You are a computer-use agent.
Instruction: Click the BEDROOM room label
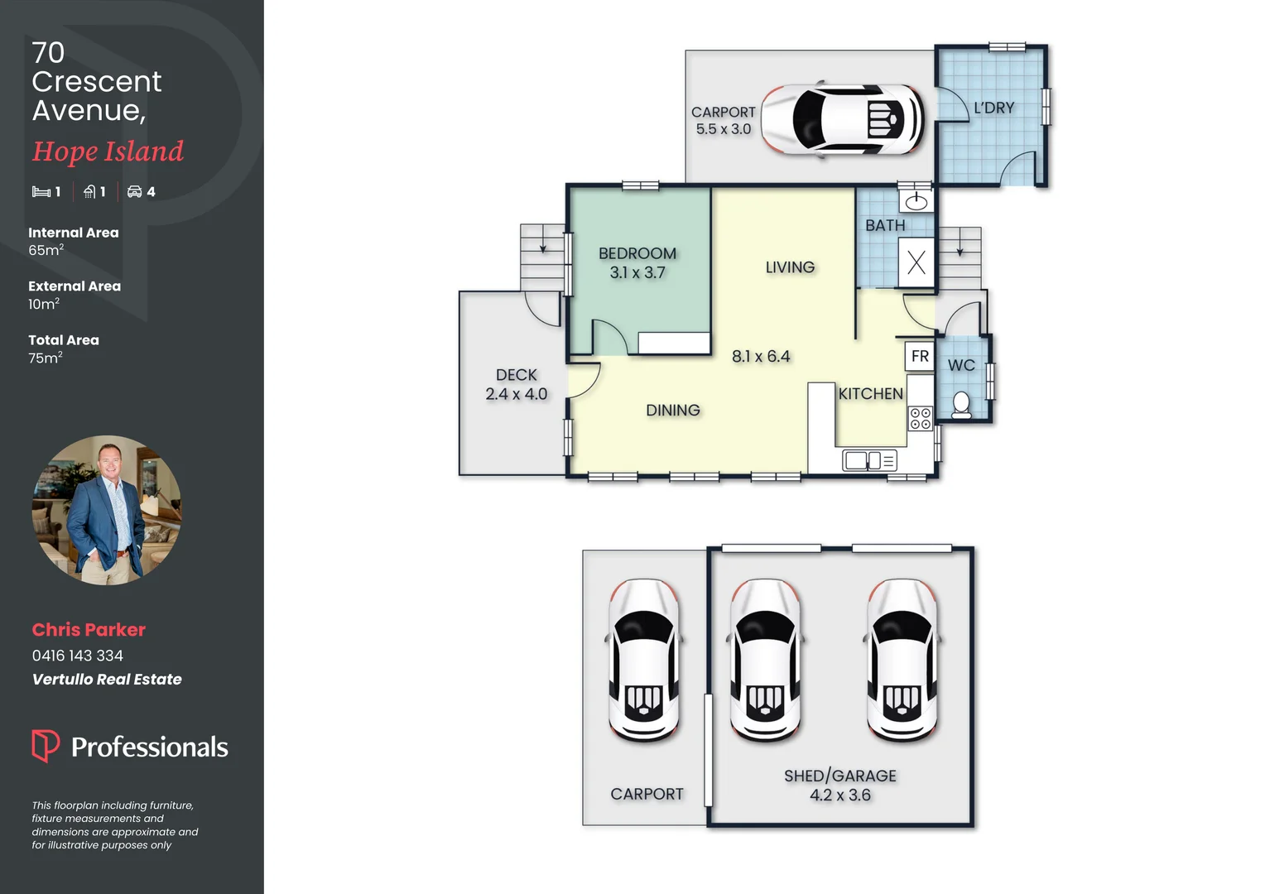(637, 254)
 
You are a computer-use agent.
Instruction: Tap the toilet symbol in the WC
(961, 406)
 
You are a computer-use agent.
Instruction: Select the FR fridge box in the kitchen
(919, 356)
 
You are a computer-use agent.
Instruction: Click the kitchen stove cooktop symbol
(920, 418)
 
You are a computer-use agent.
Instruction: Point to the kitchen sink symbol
(868, 460)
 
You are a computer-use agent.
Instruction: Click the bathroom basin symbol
(916, 201)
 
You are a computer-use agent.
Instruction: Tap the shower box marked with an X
(916, 262)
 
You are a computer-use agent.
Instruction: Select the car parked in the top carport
(841, 119)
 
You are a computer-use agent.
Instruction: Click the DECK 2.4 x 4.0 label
(516, 385)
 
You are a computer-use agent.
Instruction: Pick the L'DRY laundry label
(993, 108)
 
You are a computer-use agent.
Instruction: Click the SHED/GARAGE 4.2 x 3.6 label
(839, 785)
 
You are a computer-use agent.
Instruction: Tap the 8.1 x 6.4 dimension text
(760, 357)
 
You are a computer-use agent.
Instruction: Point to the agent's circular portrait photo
(106, 510)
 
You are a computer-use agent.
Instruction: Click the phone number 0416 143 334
(78, 656)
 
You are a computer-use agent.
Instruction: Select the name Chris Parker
(89, 630)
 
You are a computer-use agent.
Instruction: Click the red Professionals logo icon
(45, 745)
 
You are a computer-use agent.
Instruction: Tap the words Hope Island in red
(108, 151)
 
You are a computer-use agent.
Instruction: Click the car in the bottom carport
(644, 659)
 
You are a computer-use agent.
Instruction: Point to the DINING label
(672, 411)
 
